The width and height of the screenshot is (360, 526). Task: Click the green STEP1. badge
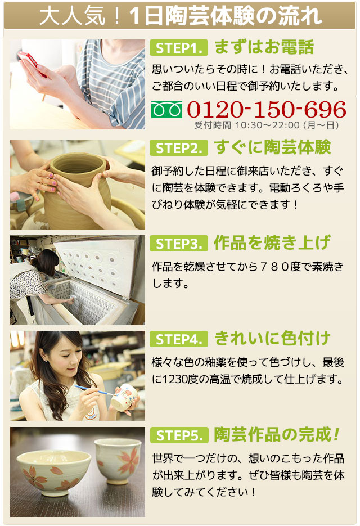(x=178, y=48)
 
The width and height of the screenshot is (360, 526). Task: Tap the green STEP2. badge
(x=178, y=148)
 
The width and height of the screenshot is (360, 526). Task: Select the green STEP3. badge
(x=178, y=244)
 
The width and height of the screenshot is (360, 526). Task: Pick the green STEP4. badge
(x=178, y=339)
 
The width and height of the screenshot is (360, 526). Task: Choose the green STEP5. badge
(x=179, y=435)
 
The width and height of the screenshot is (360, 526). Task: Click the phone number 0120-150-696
(x=267, y=109)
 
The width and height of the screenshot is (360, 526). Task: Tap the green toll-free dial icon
(x=166, y=110)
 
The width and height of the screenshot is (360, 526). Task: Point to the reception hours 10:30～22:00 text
(x=267, y=125)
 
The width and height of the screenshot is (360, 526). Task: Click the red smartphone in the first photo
(x=32, y=63)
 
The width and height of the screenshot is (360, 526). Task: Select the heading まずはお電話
(x=264, y=47)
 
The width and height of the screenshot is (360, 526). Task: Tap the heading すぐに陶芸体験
(x=272, y=147)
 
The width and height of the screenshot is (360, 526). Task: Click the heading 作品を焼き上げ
(x=272, y=243)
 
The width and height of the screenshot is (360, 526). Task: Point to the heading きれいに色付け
(x=272, y=339)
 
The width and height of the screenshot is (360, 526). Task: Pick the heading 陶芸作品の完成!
(x=277, y=434)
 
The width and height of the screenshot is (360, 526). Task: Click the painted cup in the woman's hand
(x=125, y=397)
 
